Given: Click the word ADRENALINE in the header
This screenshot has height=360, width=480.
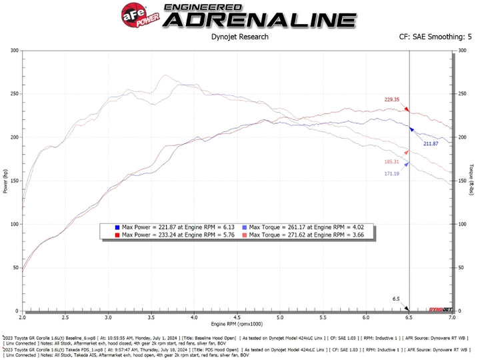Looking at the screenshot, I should [x=260, y=19].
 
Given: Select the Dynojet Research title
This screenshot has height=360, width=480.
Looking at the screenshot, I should [x=240, y=37].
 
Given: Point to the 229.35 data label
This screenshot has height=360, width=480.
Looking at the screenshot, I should [x=391, y=99].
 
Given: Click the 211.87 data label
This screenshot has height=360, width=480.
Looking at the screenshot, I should [x=431, y=143].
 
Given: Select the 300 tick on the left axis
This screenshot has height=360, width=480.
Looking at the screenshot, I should [x=15, y=50].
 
